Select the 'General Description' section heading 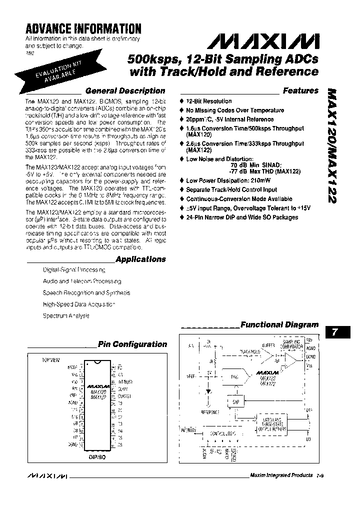pyautogui.click(x=125, y=91)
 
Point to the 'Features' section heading pyautogui.click(x=300, y=91)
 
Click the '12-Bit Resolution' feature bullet pyautogui.click(x=209, y=101)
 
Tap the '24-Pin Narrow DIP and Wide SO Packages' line pyautogui.click(x=242, y=217)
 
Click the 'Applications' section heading pyautogui.click(x=140, y=259)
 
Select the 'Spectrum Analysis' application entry pyautogui.click(x=66, y=315)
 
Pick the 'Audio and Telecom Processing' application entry pyautogui.click(x=82, y=281)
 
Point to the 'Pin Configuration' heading pyautogui.click(x=132, y=344)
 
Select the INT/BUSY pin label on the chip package pyautogui.click(x=123, y=381)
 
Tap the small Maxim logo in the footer pyautogui.click(x=45, y=475)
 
